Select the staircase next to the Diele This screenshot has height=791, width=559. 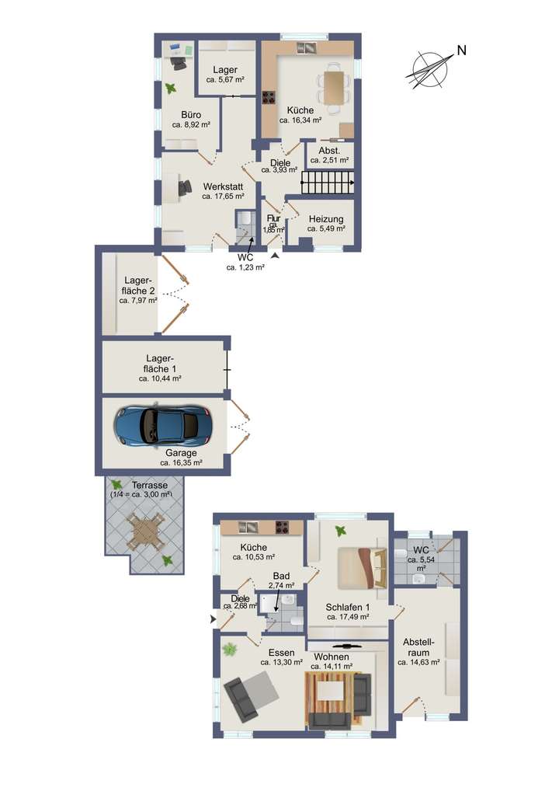point(327,183)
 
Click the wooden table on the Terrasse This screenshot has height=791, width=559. point(146,532)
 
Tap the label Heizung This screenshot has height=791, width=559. point(325,218)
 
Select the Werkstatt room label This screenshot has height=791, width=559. point(224,186)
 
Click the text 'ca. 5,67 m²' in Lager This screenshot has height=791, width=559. point(225,79)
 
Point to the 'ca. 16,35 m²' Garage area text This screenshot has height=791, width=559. point(181,462)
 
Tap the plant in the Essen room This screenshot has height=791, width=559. point(230,649)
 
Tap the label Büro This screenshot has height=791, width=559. point(191,114)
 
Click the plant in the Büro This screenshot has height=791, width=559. point(170,89)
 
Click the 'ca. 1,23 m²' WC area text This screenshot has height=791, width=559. point(245,267)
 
